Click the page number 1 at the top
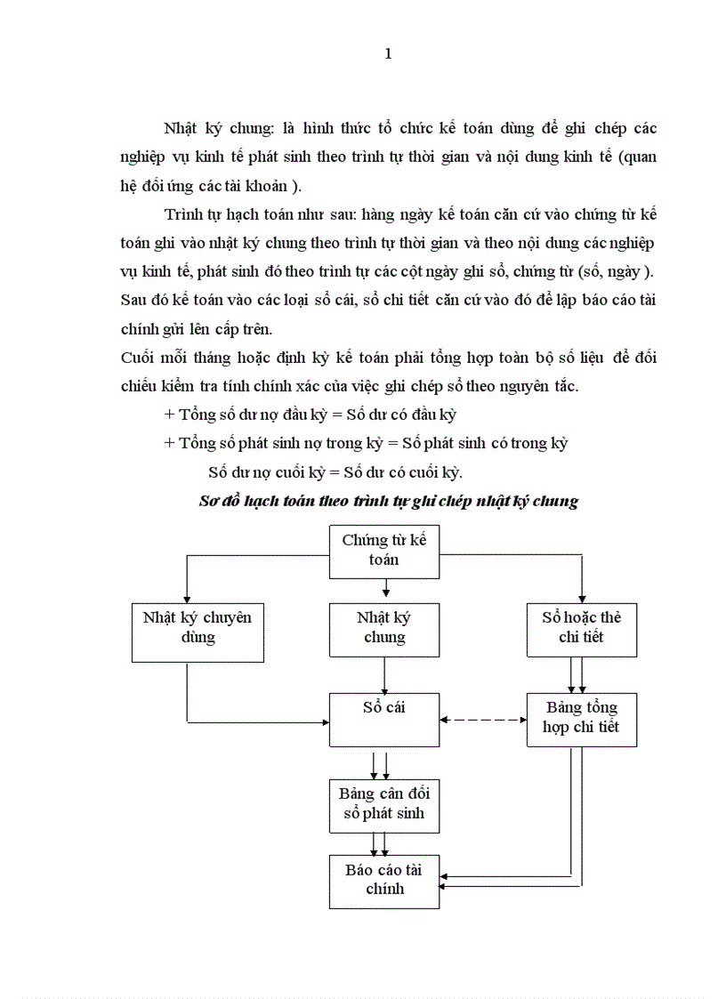pos(387,54)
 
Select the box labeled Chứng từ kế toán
pos(384,550)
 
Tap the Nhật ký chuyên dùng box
pos(185,628)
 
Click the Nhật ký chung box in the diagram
pos(384,628)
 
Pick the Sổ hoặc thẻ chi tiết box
pos(581,628)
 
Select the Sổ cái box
pos(384,719)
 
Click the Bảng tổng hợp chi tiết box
pos(581,719)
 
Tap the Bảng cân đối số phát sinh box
pos(384,802)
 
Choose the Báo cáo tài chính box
pos(384,880)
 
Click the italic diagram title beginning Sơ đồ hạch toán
pos(387,501)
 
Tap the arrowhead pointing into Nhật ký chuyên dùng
pos(185,598)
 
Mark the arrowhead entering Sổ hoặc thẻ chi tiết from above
pos(581,598)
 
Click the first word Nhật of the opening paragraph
pos(180,128)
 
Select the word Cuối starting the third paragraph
pos(137,357)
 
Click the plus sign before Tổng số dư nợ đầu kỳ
pos(169,415)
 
